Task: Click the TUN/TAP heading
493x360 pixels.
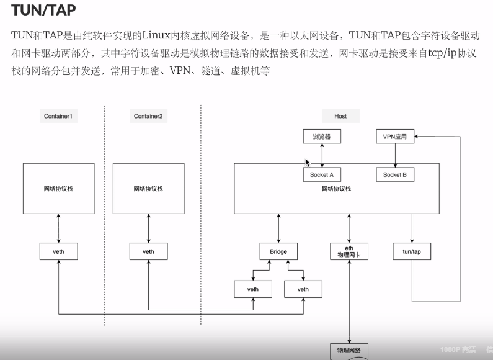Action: tap(43, 11)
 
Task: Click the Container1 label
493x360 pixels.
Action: tap(61, 116)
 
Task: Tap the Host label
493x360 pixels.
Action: tap(340, 116)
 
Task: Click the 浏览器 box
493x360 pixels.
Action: tap(322, 136)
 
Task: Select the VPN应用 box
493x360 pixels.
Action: tap(395, 136)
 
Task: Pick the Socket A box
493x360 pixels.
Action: tap(322, 175)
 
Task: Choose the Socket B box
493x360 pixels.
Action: tap(395, 175)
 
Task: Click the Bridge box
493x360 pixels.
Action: tap(278, 251)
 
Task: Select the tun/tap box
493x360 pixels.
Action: tap(412, 251)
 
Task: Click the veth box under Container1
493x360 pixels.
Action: tap(59, 251)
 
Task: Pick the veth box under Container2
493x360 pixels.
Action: tap(149, 251)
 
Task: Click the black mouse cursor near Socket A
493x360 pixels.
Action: tap(307, 163)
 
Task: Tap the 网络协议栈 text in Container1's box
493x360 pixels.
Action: tap(59, 188)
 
